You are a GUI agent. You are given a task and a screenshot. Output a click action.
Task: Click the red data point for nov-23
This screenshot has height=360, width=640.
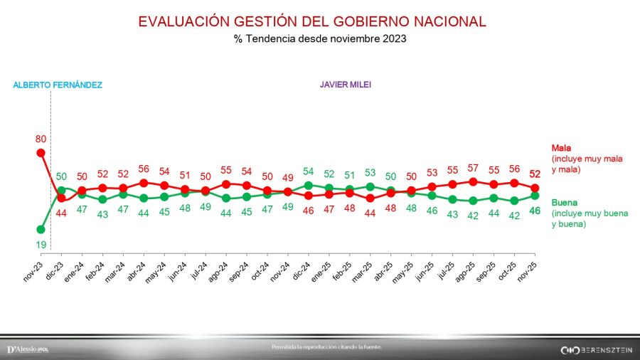[41, 152]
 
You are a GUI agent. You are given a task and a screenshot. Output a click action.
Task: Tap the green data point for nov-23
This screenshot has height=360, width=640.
[41, 229]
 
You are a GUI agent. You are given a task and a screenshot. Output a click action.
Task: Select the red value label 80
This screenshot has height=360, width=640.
[41, 139]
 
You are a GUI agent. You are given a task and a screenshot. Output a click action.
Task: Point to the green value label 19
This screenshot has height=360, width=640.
[41, 244]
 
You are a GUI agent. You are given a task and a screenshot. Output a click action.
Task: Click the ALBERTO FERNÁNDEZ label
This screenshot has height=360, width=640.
[58, 85]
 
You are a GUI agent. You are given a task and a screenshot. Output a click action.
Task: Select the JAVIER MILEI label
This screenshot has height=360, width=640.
[346, 85]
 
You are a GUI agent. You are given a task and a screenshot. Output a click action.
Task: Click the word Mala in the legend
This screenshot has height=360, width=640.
[562, 148]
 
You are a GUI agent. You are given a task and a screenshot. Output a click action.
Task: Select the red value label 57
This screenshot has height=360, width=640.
[473, 168]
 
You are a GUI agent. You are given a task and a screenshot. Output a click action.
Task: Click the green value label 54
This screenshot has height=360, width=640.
[308, 171]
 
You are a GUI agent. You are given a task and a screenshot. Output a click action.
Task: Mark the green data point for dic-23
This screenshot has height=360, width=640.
[61, 190]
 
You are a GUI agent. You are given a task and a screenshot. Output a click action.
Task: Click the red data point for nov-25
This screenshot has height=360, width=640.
[535, 188]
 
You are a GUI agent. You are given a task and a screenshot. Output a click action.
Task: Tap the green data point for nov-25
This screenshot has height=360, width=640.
[535, 196]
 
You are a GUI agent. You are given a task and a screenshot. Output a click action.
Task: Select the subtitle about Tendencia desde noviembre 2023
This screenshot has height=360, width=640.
[320, 39]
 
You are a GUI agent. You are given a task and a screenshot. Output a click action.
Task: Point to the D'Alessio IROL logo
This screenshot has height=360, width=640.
[28, 349]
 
